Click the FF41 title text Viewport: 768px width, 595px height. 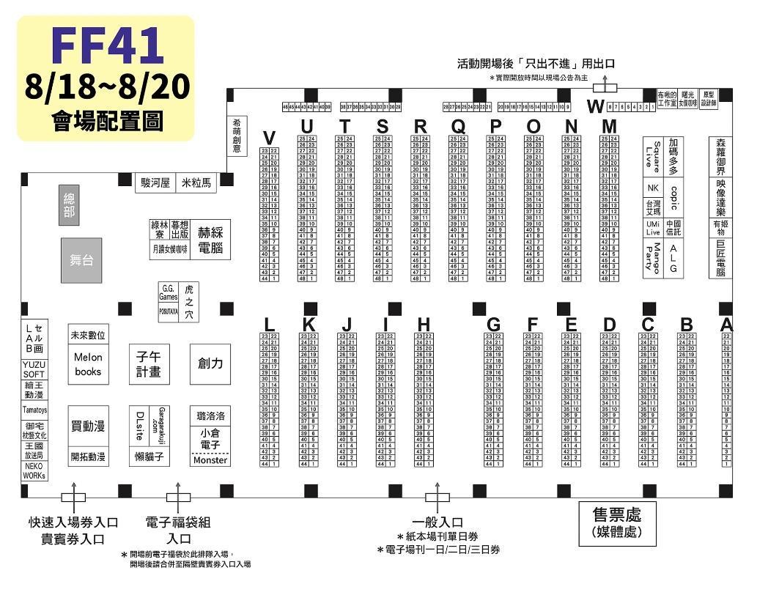coord(107,45)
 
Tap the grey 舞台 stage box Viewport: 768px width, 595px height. coord(81,260)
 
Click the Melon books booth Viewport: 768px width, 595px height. coord(89,364)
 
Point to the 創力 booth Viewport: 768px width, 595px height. coord(210,363)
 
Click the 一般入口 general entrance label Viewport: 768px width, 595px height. coord(437,522)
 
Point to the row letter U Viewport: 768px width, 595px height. coord(307,127)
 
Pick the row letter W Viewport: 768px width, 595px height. coord(595,107)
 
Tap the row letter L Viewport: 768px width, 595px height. coord(269,325)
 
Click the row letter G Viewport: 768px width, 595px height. coord(493,325)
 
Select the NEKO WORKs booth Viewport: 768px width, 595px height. coord(34,471)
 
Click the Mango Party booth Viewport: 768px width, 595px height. coord(652,257)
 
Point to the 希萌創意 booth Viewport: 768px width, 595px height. coord(237,136)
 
